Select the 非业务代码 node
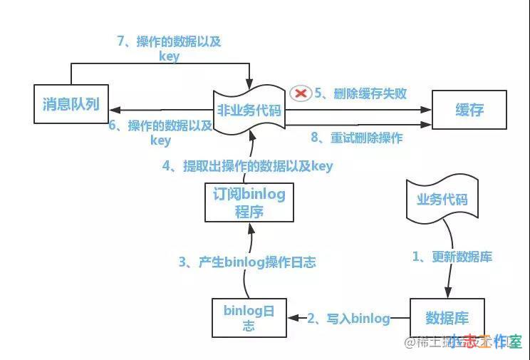click(249, 110)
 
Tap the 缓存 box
click(469, 110)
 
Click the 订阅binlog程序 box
click(249, 202)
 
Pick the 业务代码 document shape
click(442, 199)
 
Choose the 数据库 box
click(446, 317)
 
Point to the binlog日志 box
click(249, 318)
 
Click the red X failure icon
click(300, 93)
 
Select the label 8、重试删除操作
click(356, 138)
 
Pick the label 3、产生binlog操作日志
click(246, 262)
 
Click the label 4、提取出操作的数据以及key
click(247, 166)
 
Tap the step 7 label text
click(169, 48)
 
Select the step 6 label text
click(160, 133)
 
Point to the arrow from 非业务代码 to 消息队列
click(164, 110)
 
